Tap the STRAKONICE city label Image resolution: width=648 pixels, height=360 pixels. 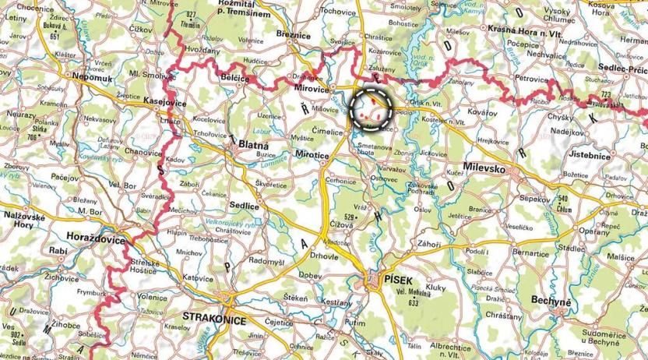[213, 318]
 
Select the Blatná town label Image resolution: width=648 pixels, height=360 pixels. [253, 145]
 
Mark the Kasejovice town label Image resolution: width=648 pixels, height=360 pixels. [167, 102]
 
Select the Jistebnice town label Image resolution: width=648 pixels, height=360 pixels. [610, 156]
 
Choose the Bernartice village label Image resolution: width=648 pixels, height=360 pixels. [532, 254]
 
